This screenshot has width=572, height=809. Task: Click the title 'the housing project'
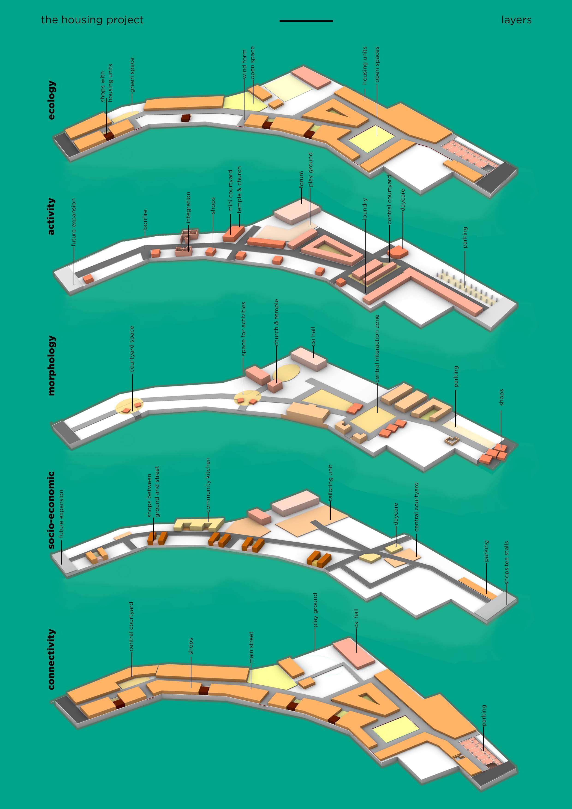point(92,20)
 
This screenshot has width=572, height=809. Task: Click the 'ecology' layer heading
point(51,100)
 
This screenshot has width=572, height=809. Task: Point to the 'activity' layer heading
point(51,216)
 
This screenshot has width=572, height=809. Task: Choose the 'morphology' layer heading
point(51,365)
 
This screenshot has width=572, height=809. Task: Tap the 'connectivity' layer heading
point(51,659)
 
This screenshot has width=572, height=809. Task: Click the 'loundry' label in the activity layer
point(365,209)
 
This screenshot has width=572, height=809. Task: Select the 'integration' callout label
point(188,207)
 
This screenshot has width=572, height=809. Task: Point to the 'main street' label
point(251,647)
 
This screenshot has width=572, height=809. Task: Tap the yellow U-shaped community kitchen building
point(199,524)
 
